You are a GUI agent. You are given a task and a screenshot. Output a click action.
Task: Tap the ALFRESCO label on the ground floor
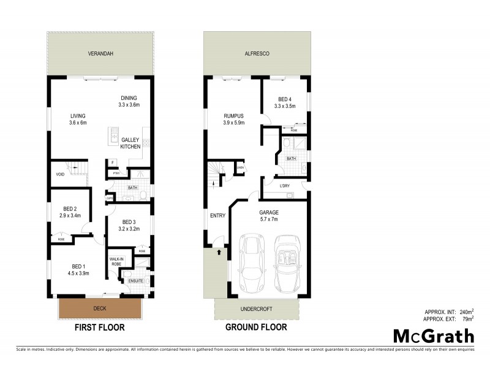(x=256, y=53)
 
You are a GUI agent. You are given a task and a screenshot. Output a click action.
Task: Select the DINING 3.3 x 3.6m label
(x=129, y=101)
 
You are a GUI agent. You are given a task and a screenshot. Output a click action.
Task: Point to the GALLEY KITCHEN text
(x=130, y=144)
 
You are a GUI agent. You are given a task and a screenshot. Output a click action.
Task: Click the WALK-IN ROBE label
(x=117, y=261)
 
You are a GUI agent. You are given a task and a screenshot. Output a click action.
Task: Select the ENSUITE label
(x=136, y=281)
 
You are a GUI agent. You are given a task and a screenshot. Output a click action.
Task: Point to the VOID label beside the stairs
(x=60, y=174)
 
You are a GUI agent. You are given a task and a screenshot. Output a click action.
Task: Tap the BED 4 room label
(x=286, y=102)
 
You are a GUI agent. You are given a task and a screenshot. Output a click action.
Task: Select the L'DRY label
(x=284, y=186)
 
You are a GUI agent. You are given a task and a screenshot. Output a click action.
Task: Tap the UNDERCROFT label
(x=257, y=309)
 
